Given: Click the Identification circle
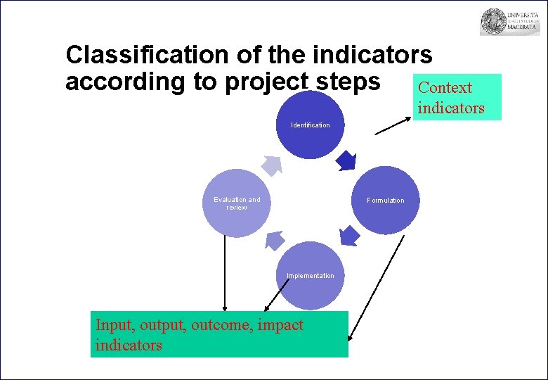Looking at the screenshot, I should pyautogui.click(x=310, y=124).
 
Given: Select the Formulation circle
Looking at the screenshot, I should pyautogui.click(x=385, y=200).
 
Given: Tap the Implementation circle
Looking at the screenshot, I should pyautogui.click(x=310, y=275).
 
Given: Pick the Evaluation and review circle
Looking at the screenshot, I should pyautogui.click(x=236, y=203).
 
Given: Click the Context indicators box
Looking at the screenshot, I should pyautogui.click(x=457, y=97).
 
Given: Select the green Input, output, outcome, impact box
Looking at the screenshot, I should pyautogui.click(x=219, y=334).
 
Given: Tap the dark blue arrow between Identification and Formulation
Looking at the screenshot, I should pyautogui.click(x=346, y=160).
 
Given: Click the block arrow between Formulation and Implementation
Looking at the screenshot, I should pyautogui.click(x=349, y=236).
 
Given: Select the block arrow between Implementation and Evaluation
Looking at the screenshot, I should pyautogui.click(x=274, y=241).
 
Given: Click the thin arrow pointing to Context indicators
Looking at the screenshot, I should pyautogui.click(x=393, y=125).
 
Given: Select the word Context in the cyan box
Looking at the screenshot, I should pyautogui.click(x=445, y=88).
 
